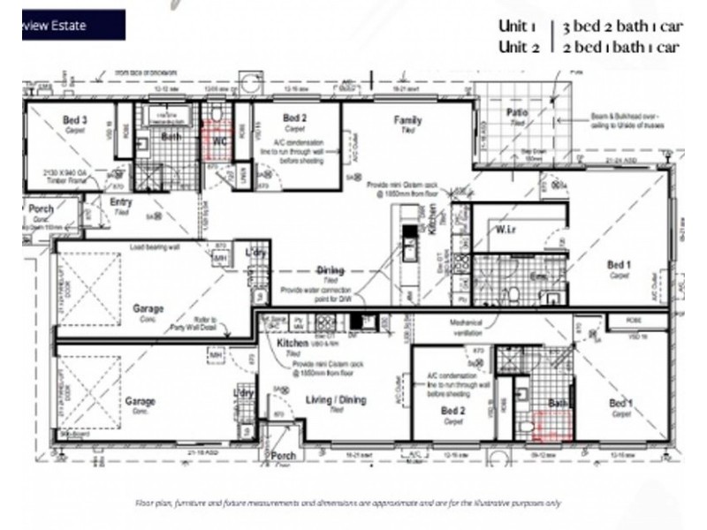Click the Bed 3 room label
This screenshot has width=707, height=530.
(x=74, y=119)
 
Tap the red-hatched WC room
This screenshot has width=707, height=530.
(x=216, y=141)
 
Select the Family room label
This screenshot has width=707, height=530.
(x=407, y=121)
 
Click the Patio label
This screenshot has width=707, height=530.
(x=517, y=113)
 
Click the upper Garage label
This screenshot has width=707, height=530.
(x=148, y=309)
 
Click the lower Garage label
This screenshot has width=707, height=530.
(x=140, y=401)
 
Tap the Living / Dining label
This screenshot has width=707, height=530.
(x=336, y=400)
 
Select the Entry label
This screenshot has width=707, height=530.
(x=121, y=202)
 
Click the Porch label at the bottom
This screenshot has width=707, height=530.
(x=284, y=457)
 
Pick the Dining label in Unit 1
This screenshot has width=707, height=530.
(x=331, y=270)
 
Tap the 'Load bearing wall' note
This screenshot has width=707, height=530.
(x=155, y=247)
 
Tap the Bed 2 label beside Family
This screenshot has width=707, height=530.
(x=294, y=117)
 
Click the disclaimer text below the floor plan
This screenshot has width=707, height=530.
(x=348, y=503)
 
